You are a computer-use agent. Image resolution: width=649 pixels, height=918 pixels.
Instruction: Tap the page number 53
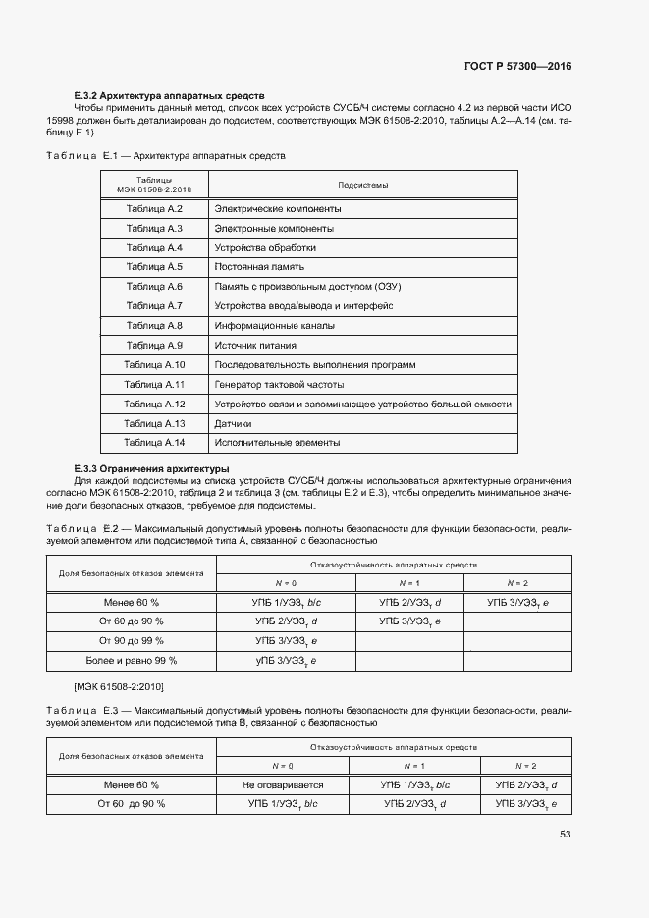click(x=565, y=835)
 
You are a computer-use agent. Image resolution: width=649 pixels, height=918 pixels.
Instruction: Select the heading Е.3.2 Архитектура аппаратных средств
click(x=169, y=95)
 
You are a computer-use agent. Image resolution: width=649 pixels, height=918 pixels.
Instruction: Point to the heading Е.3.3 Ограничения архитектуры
click(x=151, y=468)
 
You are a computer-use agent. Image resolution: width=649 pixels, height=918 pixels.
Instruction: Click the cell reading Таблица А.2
click(x=154, y=209)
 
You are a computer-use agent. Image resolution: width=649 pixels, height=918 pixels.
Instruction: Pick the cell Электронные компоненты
click(x=273, y=229)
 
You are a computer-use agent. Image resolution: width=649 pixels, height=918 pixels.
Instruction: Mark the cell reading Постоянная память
click(x=259, y=267)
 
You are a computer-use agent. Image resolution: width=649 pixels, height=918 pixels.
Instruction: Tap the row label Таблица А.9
click(x=154, y=345)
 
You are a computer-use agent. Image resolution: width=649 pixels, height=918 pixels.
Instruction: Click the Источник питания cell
click(x=255, y=345)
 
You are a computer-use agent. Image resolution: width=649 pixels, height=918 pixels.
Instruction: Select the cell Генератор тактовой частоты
click(x=279, y=384)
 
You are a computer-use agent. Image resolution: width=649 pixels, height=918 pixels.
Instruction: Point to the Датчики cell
click(x=233, y=423)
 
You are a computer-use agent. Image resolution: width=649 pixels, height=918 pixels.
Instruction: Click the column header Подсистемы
click(x=362, y=185)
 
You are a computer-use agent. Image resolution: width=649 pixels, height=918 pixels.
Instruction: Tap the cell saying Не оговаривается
click(x=282, y=784)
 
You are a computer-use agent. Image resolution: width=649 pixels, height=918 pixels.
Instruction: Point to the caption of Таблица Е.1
click(x=166, y=156)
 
